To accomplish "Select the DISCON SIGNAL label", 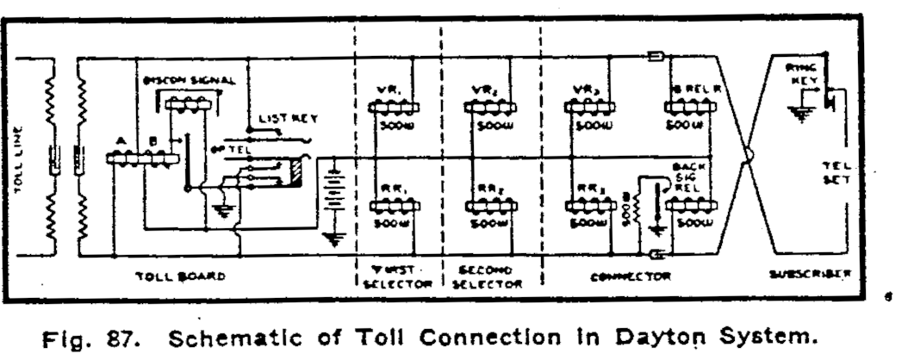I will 189,80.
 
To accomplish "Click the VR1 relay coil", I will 394,107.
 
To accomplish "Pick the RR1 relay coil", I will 394,207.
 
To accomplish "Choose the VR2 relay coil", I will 489,107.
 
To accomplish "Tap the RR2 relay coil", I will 489,207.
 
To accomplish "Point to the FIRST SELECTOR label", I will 394,276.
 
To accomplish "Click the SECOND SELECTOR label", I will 492,276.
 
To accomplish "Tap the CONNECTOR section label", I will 631,276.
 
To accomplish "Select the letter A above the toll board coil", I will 121,142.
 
